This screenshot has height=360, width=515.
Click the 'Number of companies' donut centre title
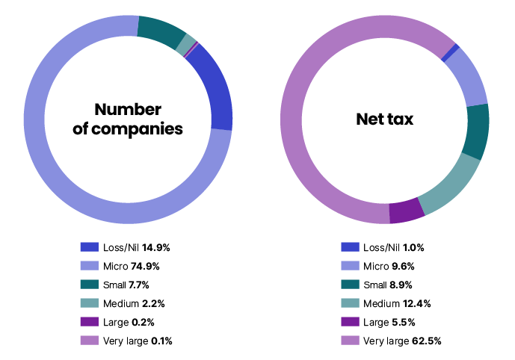point(128,118)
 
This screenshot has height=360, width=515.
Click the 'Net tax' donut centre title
point(384,118)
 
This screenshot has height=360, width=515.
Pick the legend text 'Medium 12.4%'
point(396,303)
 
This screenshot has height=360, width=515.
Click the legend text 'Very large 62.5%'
point(401,341)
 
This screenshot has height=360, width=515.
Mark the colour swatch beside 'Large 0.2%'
point(90,322)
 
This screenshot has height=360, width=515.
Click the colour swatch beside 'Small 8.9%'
point(350,285)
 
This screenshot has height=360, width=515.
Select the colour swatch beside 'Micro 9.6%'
point(350,265)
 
